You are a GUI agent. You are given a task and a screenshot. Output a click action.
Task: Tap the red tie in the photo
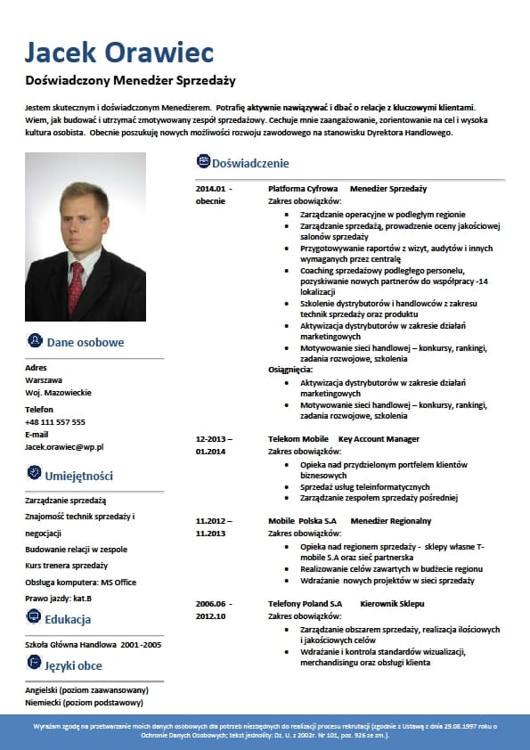point(77,285)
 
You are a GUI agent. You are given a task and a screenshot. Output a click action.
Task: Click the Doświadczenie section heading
point(250,163)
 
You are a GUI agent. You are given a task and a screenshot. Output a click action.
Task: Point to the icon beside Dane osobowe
point(35,341)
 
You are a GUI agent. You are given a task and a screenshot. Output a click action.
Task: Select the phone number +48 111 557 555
point(55,421)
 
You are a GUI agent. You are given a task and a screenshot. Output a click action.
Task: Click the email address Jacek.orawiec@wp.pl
point(65,446)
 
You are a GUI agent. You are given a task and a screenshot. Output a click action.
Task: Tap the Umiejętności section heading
point(79,476)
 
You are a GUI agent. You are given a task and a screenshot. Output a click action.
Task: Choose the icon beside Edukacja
point(34,616)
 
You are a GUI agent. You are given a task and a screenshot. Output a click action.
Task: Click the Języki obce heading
point(73,665)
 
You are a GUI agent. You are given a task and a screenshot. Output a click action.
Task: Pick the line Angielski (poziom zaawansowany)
point(86,689)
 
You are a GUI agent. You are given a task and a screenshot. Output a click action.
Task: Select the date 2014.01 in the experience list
point(214,189)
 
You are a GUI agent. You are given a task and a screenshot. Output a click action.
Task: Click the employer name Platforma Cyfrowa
point(303,189)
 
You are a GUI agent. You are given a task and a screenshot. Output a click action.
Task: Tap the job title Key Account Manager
point(379,439)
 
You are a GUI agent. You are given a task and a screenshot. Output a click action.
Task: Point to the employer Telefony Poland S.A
point(306,603)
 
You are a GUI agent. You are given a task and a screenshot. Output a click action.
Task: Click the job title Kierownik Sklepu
point(391,603)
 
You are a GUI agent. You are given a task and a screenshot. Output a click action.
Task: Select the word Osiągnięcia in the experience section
point(290,369)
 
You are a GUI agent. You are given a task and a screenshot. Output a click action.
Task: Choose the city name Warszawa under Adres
point(44,379)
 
